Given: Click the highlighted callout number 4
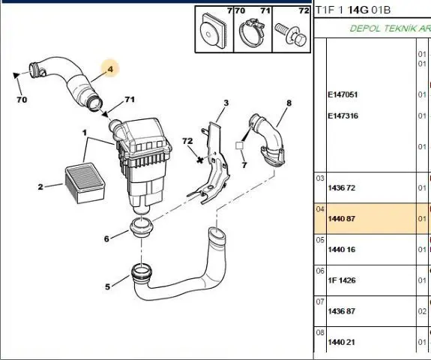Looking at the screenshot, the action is tap(110, 69).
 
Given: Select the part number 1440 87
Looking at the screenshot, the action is tap(342, 219).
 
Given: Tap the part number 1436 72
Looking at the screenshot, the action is tap(342, 188).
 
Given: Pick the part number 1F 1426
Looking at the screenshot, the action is tap(342, 280).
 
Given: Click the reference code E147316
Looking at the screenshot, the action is tap(343, 115).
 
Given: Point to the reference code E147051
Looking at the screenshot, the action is tap(343, 94).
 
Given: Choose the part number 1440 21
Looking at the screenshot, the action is tap(342, 343).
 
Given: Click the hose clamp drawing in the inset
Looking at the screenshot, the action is tap(252, 31).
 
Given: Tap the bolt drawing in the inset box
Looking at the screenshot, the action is tap(291, 34).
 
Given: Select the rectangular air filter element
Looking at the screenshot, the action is tap(85, 184).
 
